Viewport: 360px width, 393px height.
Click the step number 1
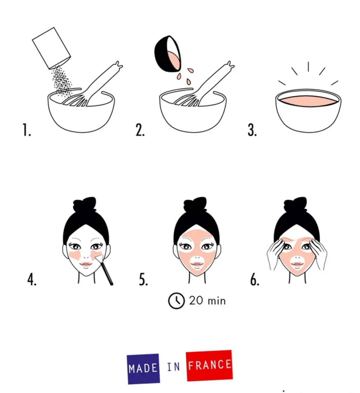point(27,130)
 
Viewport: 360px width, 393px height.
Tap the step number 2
point(140,130)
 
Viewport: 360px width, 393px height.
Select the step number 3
point(252,130)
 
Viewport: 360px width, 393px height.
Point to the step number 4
point(32,279)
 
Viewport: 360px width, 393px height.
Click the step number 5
point(143,279)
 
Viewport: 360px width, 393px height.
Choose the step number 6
point(255,279)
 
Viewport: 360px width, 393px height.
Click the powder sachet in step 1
point(51,48)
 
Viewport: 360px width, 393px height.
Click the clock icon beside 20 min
point(176,301)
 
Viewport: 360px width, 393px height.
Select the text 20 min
point(207,301)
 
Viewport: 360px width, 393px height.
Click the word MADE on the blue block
point(143,368)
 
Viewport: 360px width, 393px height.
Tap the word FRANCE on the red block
point(210,365)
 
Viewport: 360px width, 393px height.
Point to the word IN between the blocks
point(173,367)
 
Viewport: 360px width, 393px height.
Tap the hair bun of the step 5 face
point(195,205)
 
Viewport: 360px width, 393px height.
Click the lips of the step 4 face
point(85,264)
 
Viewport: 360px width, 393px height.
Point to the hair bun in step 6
point(295,205)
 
